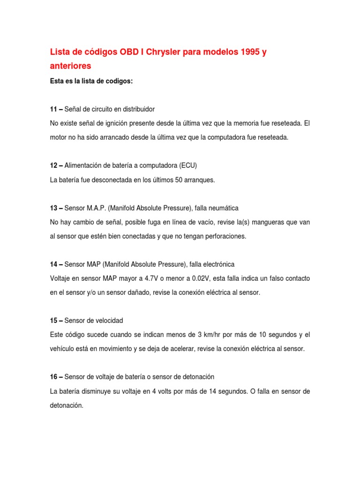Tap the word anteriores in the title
tap(71, 67)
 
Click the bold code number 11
tap(53, 109)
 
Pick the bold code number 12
tap(53, 165)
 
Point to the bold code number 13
tap(53, 207)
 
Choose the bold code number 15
tap(53, 320)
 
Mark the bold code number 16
tap(53, 376)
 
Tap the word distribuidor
tap(137, 109)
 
